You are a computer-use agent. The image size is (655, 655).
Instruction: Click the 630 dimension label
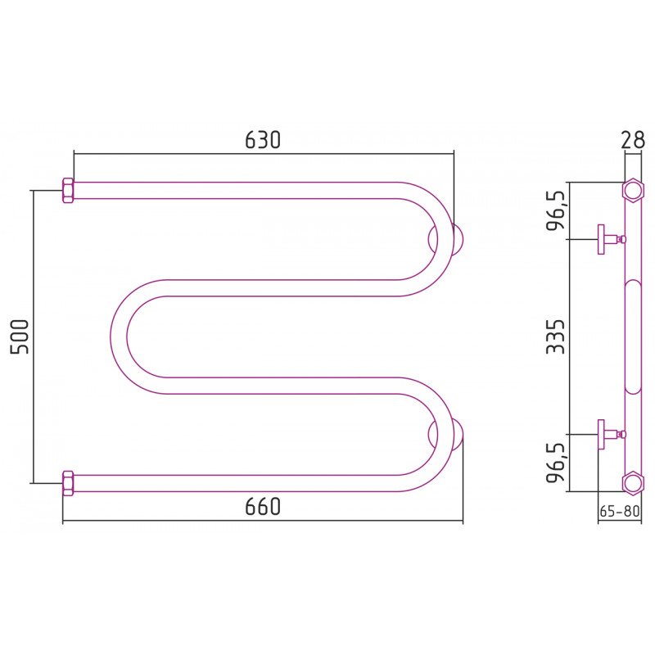tap(262, 140)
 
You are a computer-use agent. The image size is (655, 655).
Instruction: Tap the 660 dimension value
tap(262, 506)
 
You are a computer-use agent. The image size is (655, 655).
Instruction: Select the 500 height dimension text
tap(20, 337)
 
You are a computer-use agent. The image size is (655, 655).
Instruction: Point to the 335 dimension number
tap(555, 337)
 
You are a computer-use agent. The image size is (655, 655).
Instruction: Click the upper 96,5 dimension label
tap(556, 211)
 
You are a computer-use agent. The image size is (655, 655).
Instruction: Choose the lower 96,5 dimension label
tap(556, 463)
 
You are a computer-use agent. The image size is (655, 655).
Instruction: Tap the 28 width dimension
tap(632, 140)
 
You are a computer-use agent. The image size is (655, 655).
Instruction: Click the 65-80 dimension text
tap(619, 511)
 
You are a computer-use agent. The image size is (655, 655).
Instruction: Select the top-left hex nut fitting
tap(68, 191)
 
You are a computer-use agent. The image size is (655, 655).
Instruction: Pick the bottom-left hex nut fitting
tap(68, 483)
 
